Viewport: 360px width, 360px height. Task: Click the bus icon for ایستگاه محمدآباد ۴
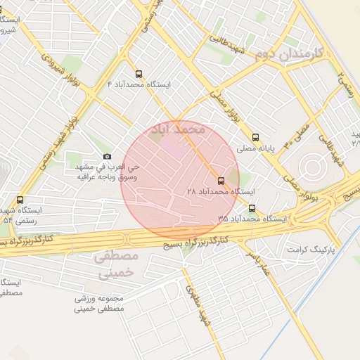(x=138, y=73)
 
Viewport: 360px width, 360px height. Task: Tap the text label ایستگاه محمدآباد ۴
(x=139, y=84)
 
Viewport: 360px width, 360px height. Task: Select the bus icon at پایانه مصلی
(x=255, y=138)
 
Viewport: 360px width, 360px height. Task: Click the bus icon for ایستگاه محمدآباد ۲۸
(x=221, y=181)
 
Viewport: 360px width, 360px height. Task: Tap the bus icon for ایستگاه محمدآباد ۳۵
(x=252, y=208)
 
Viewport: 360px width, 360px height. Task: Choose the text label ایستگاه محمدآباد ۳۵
(x=252, y=219)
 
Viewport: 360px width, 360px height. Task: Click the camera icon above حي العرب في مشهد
(x=107, y=156)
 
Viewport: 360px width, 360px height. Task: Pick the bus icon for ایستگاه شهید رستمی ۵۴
(x=20, y=200)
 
